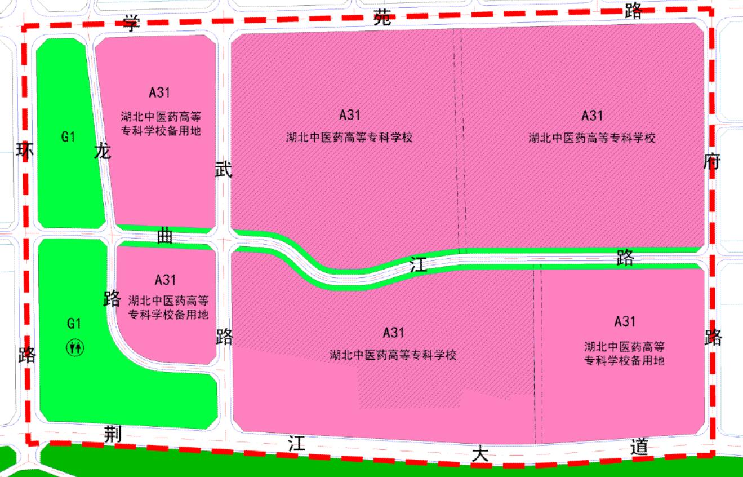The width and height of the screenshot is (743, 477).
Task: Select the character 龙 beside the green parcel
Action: click(x=103, y=151)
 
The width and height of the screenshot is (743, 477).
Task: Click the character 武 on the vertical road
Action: click(x=224, y=170)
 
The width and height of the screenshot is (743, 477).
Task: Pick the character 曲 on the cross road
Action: click(x=164, y=237)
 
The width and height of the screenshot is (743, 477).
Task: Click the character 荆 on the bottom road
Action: click(x=113, y=434)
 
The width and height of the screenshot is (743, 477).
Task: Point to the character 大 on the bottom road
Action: click(x=480, y=454)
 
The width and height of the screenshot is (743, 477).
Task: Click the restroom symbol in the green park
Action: click(x=75, y=347)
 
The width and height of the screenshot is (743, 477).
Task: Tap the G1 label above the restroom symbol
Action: click(x=74, y=324)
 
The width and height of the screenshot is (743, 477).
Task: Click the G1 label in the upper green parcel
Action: click(x=68, y=136)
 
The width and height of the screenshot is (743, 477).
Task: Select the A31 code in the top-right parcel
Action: click(x=592, y=116)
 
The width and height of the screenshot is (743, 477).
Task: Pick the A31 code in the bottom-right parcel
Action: click(x=625, y=321)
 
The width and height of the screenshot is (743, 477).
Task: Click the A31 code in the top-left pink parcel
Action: click(x=159, y=92)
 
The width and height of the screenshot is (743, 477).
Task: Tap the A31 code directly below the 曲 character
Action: click(x=166, y=279)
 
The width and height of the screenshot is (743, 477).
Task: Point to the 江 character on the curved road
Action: click(x=419, y=265)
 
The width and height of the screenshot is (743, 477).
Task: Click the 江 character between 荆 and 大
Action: click(x=296, y=444)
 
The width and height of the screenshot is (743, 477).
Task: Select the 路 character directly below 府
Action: click(x=713, y=337)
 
